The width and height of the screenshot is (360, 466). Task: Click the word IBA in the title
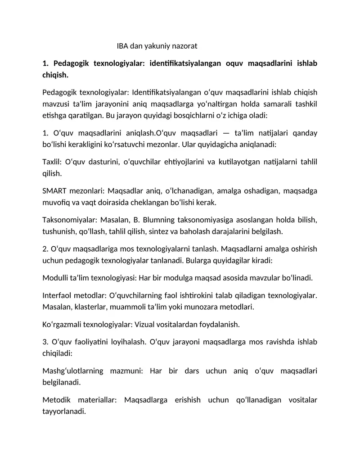pyautogui.click(x=123, y=46)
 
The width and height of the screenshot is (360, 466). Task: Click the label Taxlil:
pyautogui.click(x=52, y=162)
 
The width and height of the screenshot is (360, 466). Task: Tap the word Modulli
pyautogui.click(x=54, y=278)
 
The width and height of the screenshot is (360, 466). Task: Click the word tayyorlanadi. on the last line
pyautogui.click(x=64, y=411)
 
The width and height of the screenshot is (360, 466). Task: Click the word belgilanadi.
pyautogui.click(x=62, y=382)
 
